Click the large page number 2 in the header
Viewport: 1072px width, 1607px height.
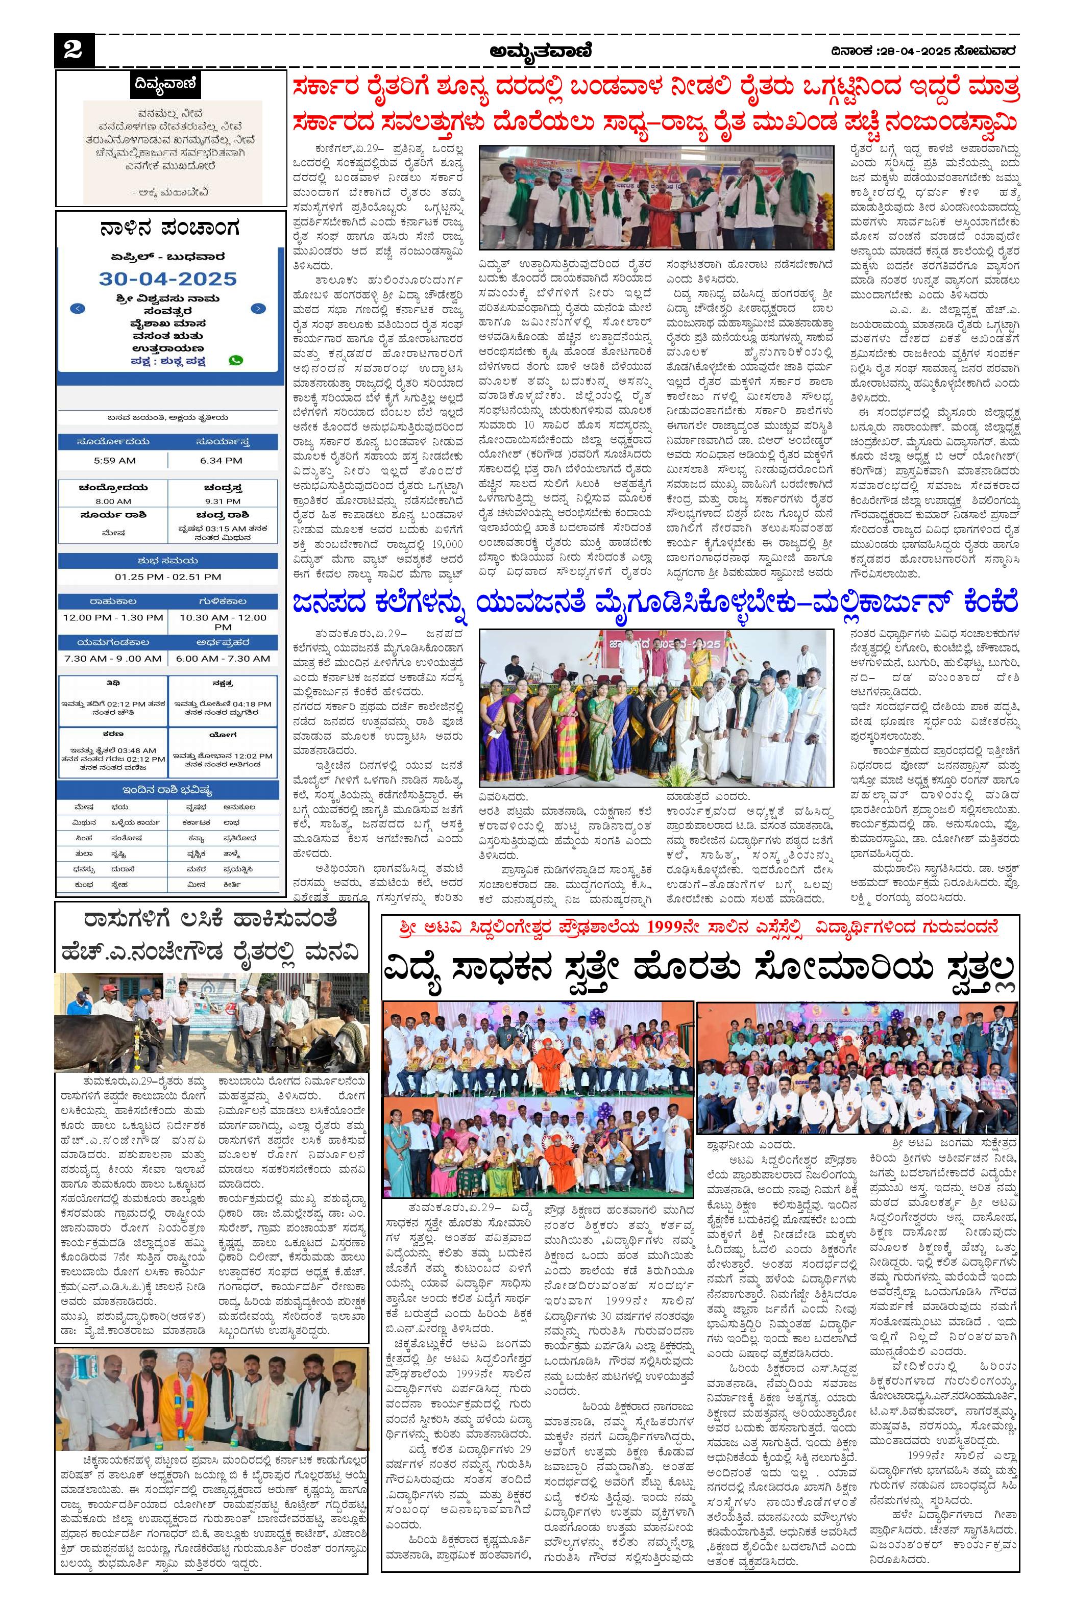[72, 51]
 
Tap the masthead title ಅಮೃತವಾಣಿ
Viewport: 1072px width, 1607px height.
[540, 51]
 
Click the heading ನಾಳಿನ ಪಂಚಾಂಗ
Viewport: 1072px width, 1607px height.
[168, 228]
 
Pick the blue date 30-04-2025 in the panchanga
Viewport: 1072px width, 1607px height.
[168, 279]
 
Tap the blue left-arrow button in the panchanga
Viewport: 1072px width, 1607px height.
[78, 308]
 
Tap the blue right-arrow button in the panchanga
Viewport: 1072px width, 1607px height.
[258, 308]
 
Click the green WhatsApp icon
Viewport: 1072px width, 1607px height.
[236, 360]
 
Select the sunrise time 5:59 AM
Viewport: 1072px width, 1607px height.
[114, 461]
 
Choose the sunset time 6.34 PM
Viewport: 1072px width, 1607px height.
[221, 461]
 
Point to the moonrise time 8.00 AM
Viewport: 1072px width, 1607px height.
[113, 501]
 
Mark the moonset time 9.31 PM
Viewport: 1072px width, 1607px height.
[222, 501]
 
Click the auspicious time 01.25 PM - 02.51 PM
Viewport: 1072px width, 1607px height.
[168, 576]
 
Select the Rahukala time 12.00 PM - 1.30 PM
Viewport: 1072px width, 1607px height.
[113, 618]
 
